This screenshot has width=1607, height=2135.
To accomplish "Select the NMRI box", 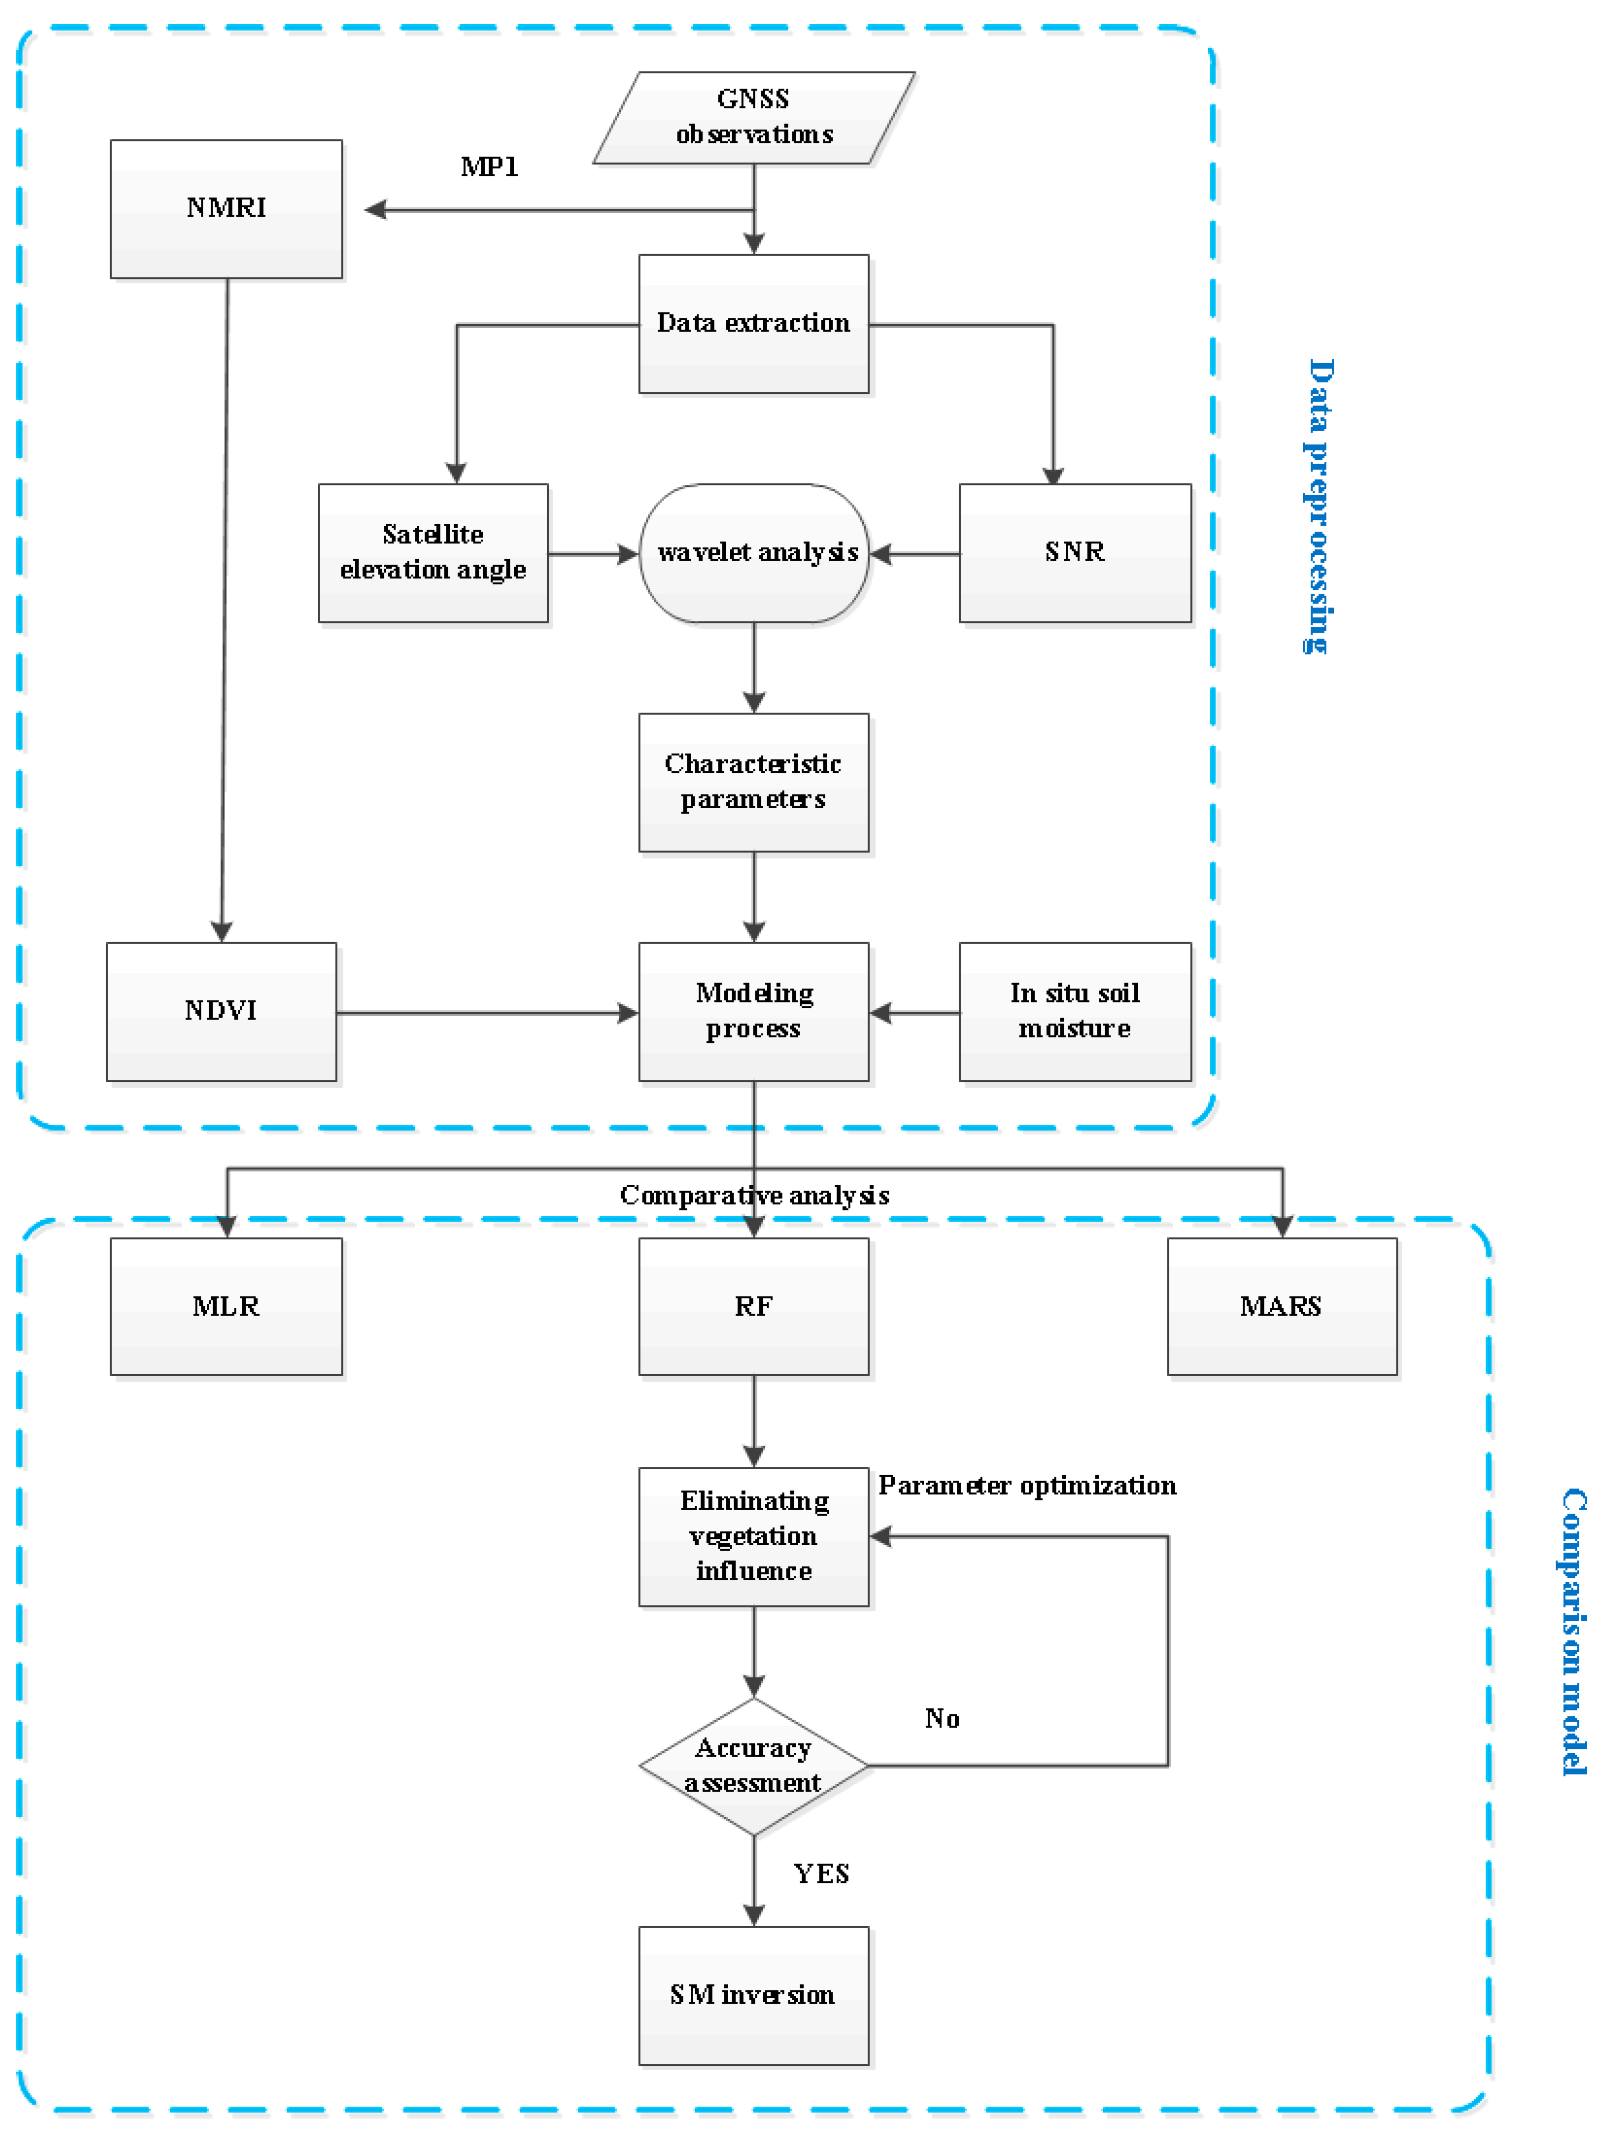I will [226, 208].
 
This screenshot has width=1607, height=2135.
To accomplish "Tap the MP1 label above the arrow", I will [489, 167].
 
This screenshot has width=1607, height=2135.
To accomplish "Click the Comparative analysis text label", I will [754, 1195].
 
